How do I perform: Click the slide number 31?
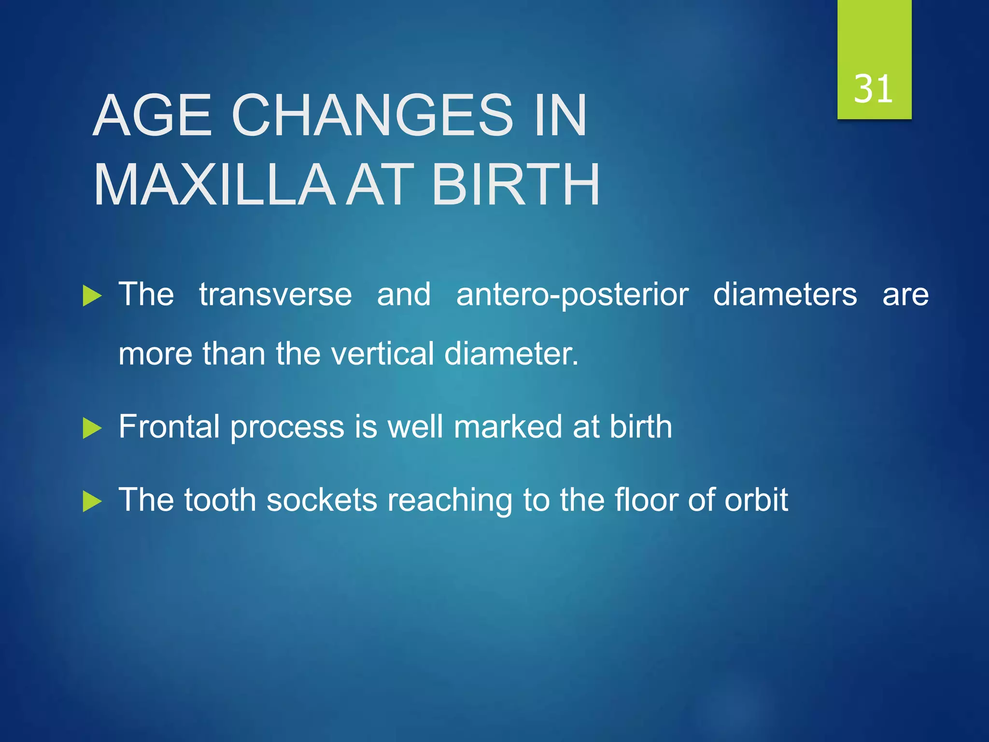(x=873, y=89)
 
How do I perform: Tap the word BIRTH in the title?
(x=516, y=185)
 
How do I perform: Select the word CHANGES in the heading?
(x=372, y=116)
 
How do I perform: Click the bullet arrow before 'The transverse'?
(x=92, y=296)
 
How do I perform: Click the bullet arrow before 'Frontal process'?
(x=92, y=428)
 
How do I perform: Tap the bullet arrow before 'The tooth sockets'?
(x=92, y=501)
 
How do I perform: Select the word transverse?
(x=275, y=295)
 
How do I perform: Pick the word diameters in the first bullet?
(x=785, y=295)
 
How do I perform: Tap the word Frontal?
(x=170, y=427)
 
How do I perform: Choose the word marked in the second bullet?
(x=508, y=427)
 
